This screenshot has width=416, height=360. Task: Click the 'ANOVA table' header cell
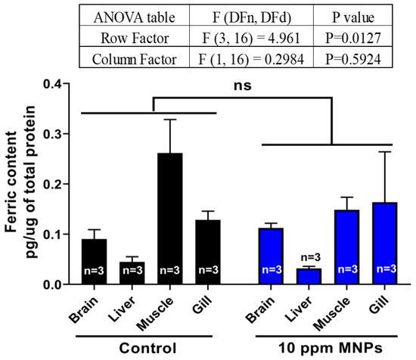coord(133,14)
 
